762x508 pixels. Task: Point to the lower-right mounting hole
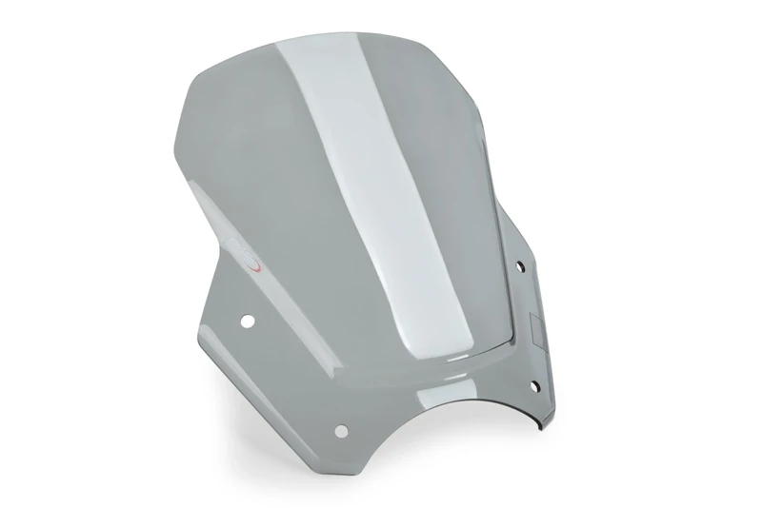[x=532, y=384]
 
